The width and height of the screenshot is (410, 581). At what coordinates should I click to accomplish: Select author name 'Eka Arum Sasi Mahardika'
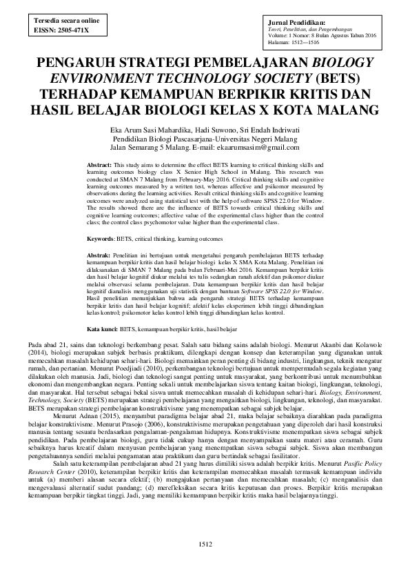click(157, 130)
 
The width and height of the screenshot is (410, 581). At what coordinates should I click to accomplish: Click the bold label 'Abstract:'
click(101, 166)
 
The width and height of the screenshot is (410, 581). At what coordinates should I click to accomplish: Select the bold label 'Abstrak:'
click(101, 255)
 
